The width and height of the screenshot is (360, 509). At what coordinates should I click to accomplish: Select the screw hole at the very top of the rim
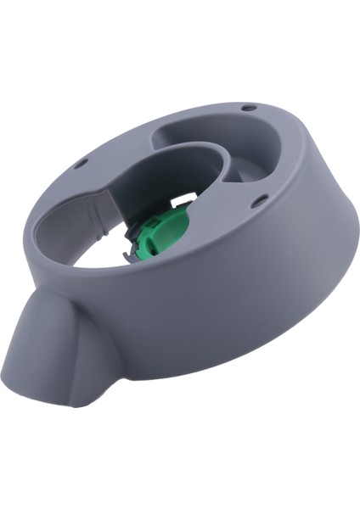pos(247,108)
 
